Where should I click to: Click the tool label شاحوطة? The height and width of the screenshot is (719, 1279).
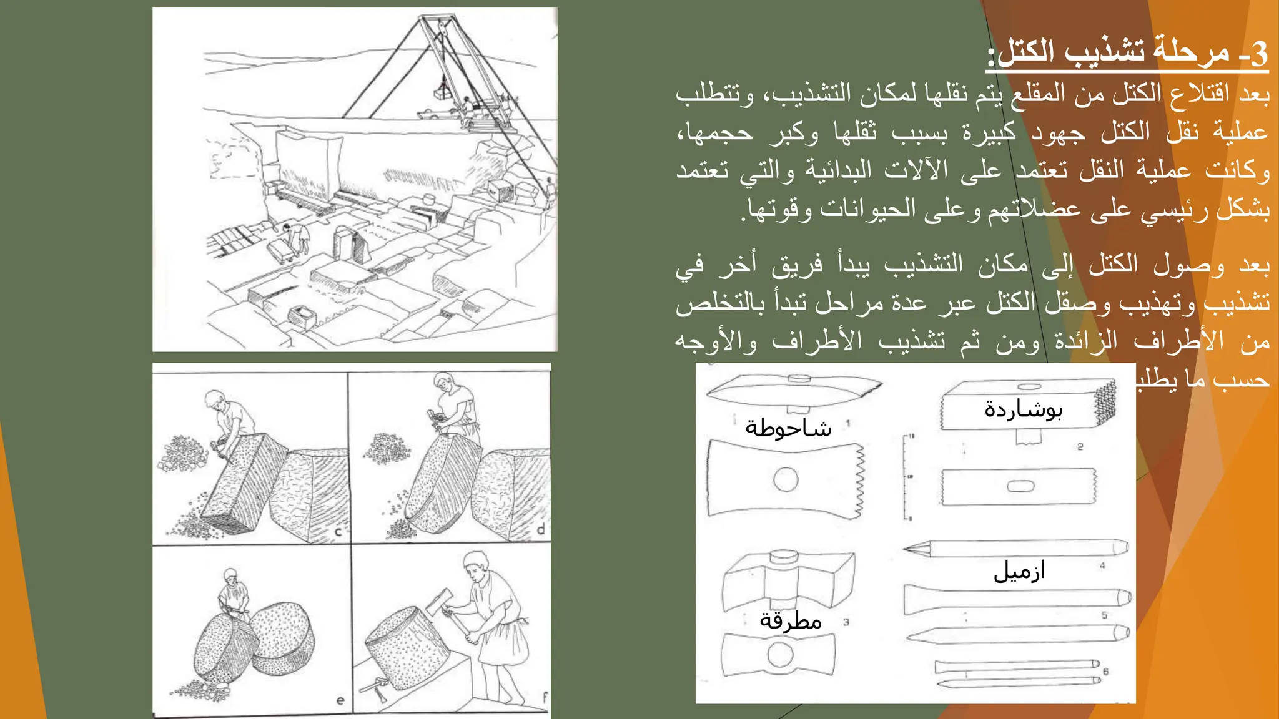point(788,429)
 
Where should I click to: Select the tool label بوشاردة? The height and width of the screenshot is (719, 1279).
point(1023,409)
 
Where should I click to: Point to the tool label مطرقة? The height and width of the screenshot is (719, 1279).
point(790,621)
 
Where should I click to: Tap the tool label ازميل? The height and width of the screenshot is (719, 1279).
point(1019,571)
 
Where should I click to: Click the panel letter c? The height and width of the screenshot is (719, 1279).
point(338,532)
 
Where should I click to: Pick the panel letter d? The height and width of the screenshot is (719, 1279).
point(541,530)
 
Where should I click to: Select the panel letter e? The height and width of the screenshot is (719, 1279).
point(340,700)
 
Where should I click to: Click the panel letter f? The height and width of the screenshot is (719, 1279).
point(545,697)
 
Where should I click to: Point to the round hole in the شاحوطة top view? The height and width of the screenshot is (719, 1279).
point(785,480)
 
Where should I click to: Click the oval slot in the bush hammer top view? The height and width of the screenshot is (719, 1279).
point(1020,486)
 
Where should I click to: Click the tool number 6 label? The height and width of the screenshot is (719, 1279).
point(1105,672)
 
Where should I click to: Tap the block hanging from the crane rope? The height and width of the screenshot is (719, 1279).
point(443,92)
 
